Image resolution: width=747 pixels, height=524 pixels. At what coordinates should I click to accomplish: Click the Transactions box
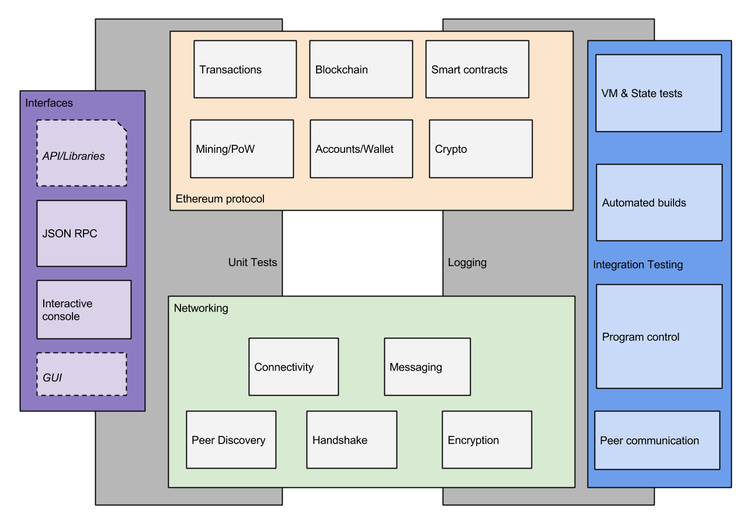(x=245, y=69)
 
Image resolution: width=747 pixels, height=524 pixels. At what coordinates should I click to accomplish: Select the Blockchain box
(x=360, y=69)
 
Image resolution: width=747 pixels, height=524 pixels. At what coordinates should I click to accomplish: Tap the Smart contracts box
(x=477, y=69)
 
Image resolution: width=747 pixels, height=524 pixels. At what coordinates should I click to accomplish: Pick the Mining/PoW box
(x=242, y=149)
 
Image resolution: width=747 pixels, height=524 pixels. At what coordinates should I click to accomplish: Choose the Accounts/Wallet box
(x=361, y=149)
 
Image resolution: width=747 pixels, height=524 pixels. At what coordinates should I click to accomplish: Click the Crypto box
(x=480, y=149)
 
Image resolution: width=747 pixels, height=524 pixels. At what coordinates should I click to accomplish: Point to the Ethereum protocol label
(x=220, y=199)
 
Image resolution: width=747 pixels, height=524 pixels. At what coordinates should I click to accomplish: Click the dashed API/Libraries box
(x=82, y=153)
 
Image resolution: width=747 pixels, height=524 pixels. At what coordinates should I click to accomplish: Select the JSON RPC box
(x=82, y=233)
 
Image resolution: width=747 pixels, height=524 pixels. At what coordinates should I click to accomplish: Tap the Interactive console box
(x=84, y=310)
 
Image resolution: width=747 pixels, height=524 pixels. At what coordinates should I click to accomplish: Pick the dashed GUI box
(x=82, y=374)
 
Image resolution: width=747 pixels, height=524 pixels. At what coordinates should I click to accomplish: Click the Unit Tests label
(x=252, y=263)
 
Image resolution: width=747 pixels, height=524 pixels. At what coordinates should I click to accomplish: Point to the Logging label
(x=467, y=263)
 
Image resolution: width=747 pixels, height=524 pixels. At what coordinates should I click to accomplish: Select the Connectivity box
(x=293, y=367)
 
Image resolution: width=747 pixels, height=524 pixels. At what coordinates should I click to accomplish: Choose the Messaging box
(x=427, y=367)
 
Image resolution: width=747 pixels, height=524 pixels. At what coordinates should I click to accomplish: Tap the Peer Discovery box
(x=231, y=440)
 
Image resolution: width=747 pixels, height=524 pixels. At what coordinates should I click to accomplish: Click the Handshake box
(x=351, y=440)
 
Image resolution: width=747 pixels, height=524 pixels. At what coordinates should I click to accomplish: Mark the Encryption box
(x=487, y=440)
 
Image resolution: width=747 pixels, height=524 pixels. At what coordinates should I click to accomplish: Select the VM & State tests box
(x=658, y=93)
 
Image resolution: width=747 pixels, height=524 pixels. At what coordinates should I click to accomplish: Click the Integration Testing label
(x=638, y=265)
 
